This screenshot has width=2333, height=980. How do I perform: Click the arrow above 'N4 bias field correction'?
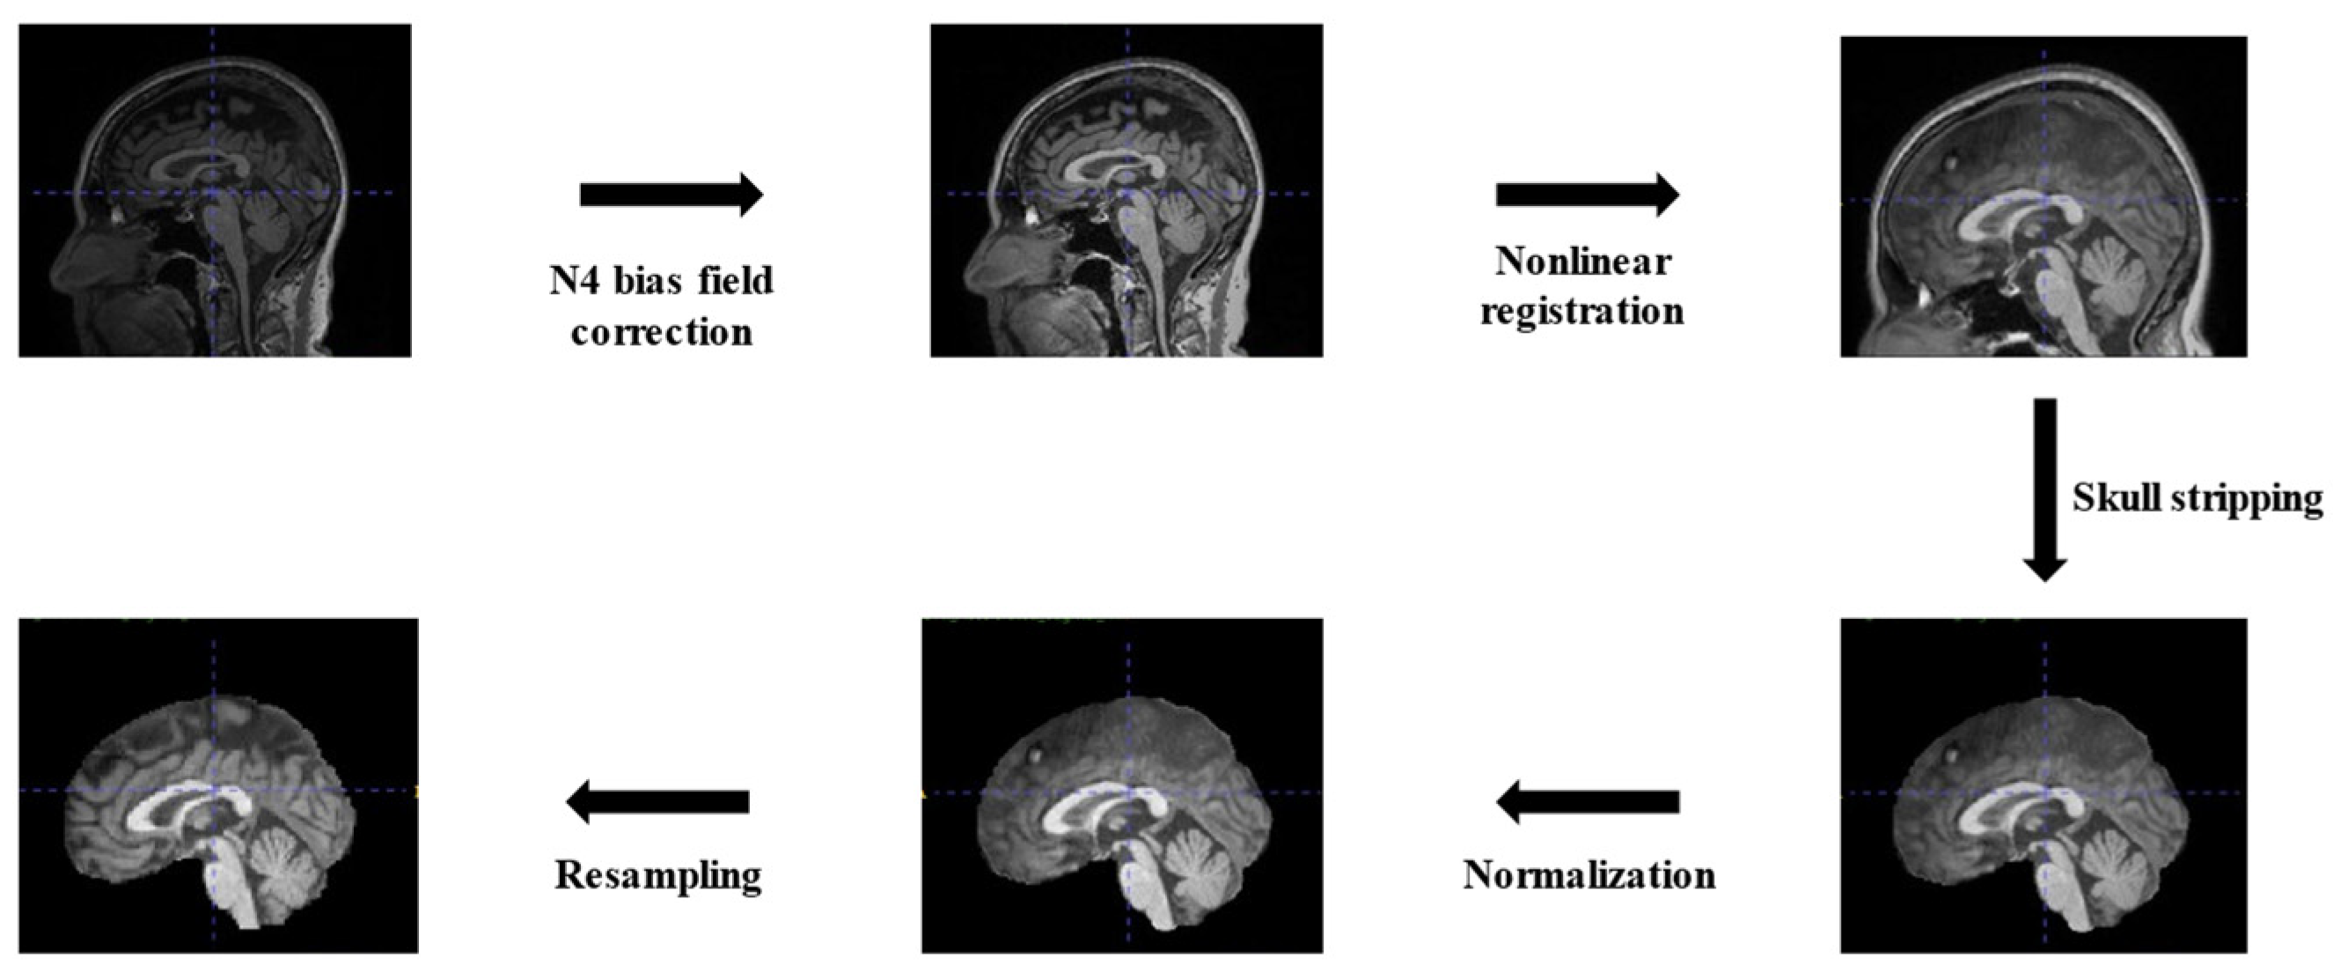coord(671,195)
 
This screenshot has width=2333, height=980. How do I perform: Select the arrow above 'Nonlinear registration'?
coord(1587,195)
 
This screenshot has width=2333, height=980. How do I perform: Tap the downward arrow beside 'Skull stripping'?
coord(2044,489)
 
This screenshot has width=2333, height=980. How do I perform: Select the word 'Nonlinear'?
coord(1582,262)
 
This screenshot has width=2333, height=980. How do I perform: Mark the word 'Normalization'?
coord(1588,876)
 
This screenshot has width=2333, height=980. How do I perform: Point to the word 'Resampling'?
coord(657,876)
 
